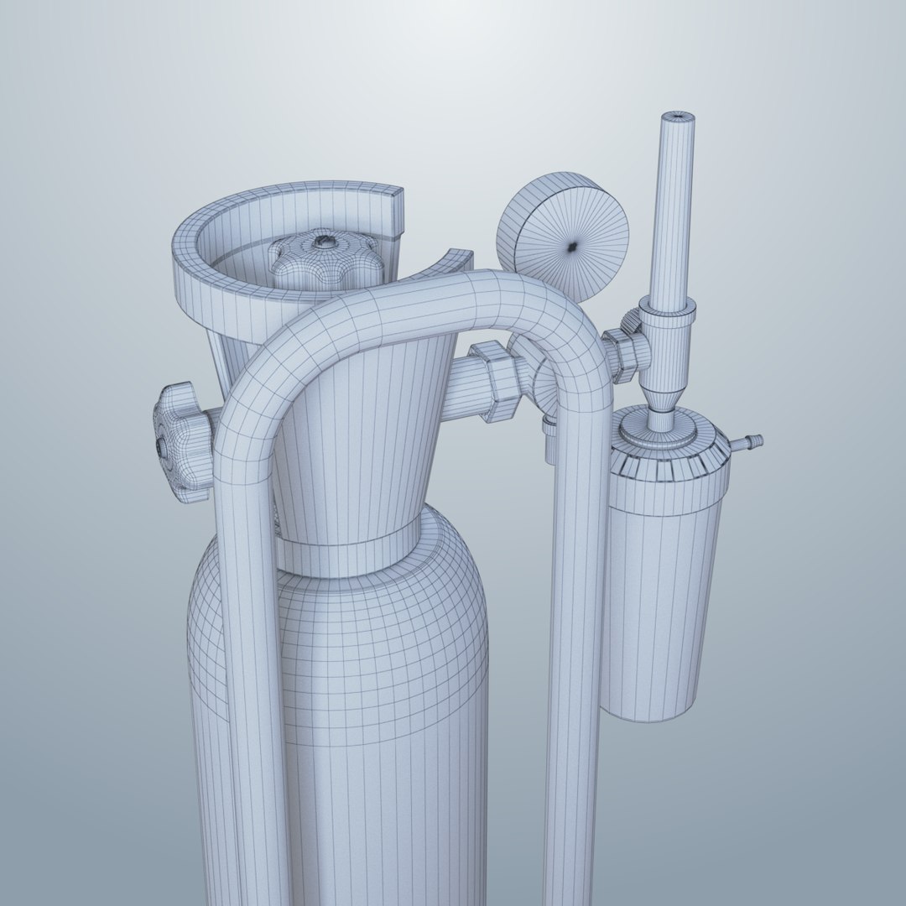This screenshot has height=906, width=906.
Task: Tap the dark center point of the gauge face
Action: click(x=572, y=246)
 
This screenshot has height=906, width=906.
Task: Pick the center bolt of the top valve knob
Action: click(x=321, y=242)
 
